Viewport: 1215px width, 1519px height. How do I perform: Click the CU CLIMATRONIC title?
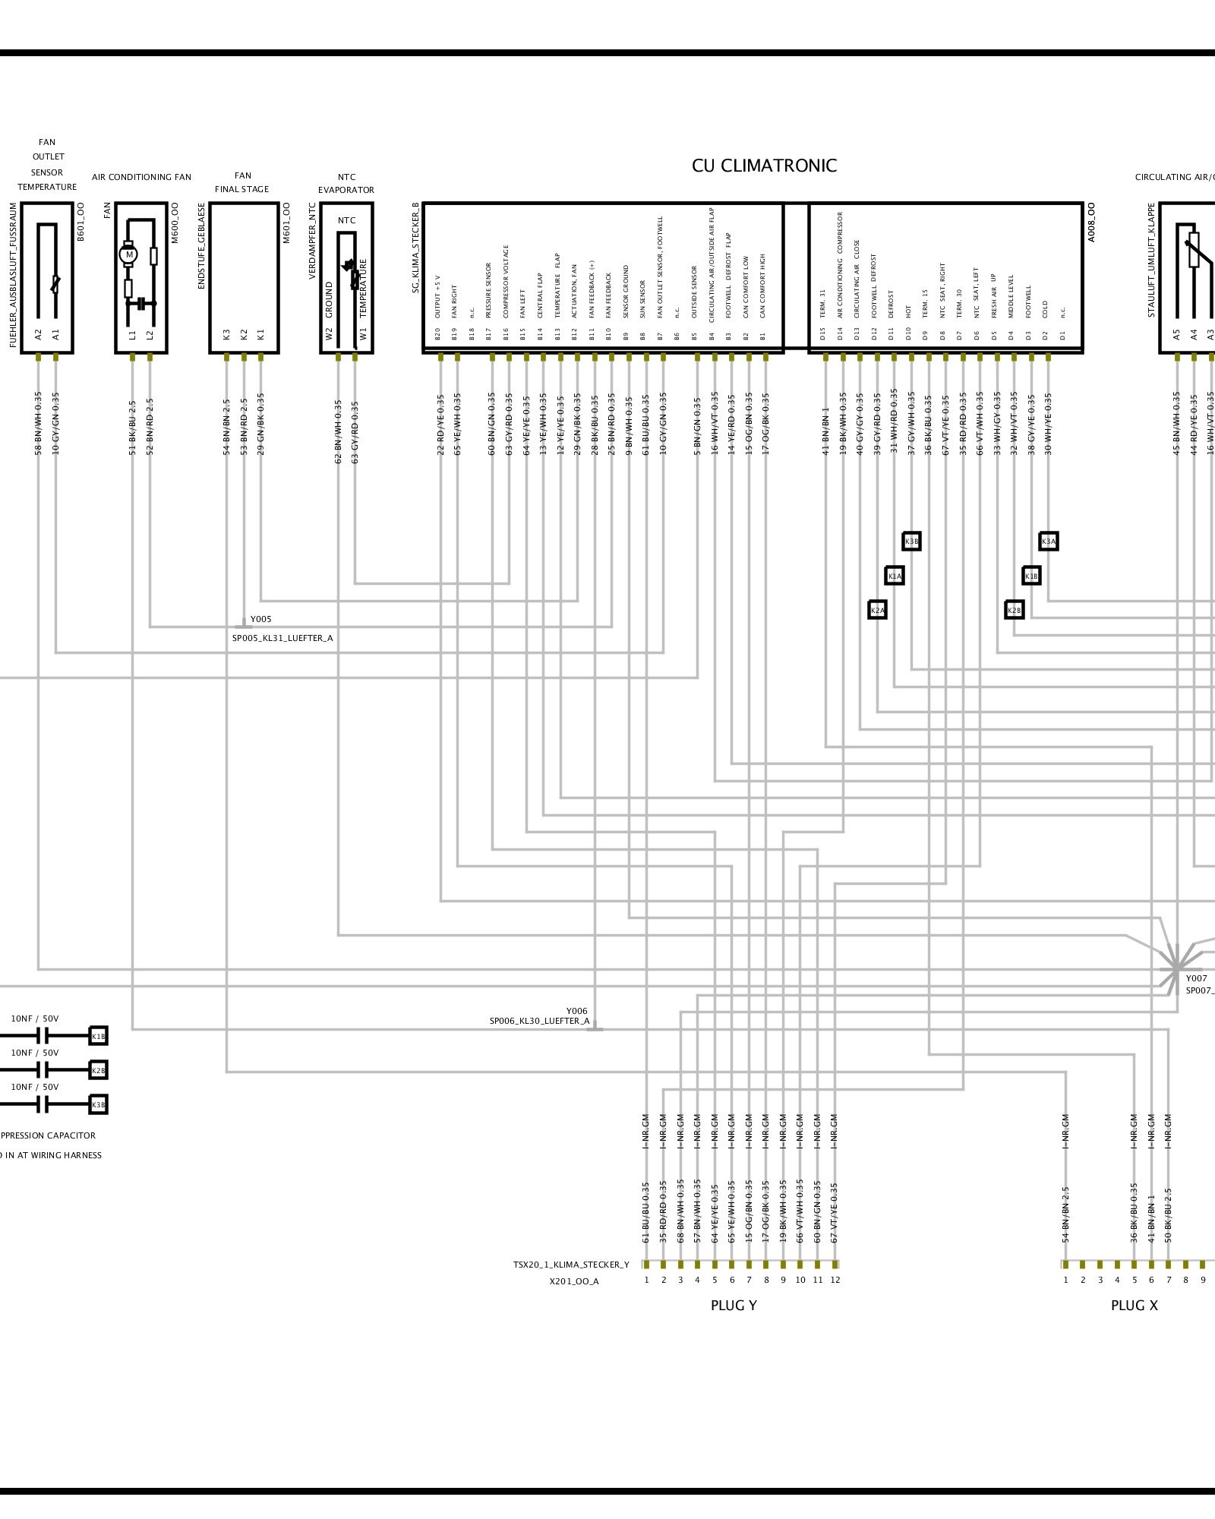click(764, 166)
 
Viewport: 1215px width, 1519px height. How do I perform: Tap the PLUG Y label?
click(734, 1306)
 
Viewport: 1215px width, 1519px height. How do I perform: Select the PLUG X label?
click(1134, 1306)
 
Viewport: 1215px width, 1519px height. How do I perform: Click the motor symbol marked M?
click(129, 254)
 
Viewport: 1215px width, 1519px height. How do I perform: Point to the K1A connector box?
click(895, 576)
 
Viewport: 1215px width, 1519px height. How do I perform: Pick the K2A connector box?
click(877, 610)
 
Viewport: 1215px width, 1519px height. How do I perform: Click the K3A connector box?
click(1048, 542)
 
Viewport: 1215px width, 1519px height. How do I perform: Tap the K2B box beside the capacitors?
click(98, 1070)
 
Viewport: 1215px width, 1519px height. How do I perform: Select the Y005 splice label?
click(260, 619)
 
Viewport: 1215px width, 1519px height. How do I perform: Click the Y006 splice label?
click(576, 1011)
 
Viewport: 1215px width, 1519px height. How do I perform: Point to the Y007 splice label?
click(1196, 978)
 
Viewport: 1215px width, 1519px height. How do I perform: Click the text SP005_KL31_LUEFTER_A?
click(282, 638)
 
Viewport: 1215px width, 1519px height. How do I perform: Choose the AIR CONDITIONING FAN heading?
click(141, 177)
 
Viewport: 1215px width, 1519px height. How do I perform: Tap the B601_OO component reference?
click(81, 222)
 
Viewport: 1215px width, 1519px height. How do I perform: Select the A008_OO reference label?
click(1091, 222)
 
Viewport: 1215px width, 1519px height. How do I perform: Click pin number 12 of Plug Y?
click(835, 1280)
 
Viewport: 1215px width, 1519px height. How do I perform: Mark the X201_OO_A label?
click(574, 1281)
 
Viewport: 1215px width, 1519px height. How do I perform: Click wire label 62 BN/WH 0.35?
click(339, 431)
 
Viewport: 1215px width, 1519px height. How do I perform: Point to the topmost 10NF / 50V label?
click(34, 1018)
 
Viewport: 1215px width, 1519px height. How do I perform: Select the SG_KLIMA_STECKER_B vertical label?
click(415, 248)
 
